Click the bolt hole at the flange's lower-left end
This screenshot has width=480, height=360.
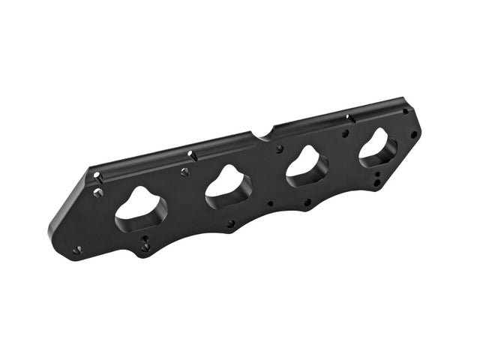[77, 250]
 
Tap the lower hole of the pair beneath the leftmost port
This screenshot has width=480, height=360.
[145, 247]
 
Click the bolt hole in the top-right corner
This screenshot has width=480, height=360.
[406, 111]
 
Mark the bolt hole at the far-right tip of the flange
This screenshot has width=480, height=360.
[413, 134]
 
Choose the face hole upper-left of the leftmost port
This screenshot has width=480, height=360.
[98, 193]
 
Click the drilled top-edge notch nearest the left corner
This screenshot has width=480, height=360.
[97, 177]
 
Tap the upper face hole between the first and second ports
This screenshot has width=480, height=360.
[185, 172]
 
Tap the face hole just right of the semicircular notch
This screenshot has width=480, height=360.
[279, 149]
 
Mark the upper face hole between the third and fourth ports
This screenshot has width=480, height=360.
[345, 133]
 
